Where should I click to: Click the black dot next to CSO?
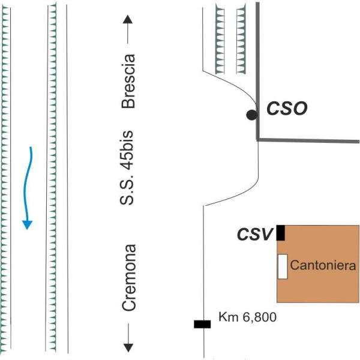click(252, 115)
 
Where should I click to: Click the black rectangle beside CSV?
click(280, 233)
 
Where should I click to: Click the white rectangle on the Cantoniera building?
click(282, 266)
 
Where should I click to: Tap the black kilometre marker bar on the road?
click(202, 325)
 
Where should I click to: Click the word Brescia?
click(128, 81)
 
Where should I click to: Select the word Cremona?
click(128, 277)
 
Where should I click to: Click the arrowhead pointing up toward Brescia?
click(128, 20)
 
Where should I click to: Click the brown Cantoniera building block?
click(318, 282)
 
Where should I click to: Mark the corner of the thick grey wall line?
click(258, 140)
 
